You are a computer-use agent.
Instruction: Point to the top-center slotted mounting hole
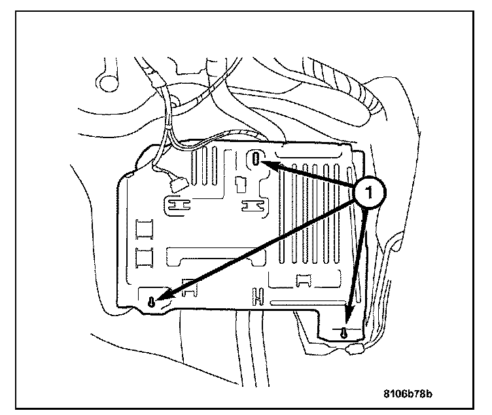pyautogui.click(x=257, y=159)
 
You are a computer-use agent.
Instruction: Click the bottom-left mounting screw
pyautogui.click(x=152, y=302)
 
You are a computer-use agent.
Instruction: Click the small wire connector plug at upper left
pyautogui.click(x=175, y=187)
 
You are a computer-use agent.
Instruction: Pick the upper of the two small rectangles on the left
pyautogui.click(x=143, y=228)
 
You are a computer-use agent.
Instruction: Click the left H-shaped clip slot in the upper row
pyautogui.click(x=176, y=206)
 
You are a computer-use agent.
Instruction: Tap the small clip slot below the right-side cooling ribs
pyautogui.click(x=303, y=280)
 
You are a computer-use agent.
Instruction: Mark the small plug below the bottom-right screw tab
pyautogui.click(x=355, y=351)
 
